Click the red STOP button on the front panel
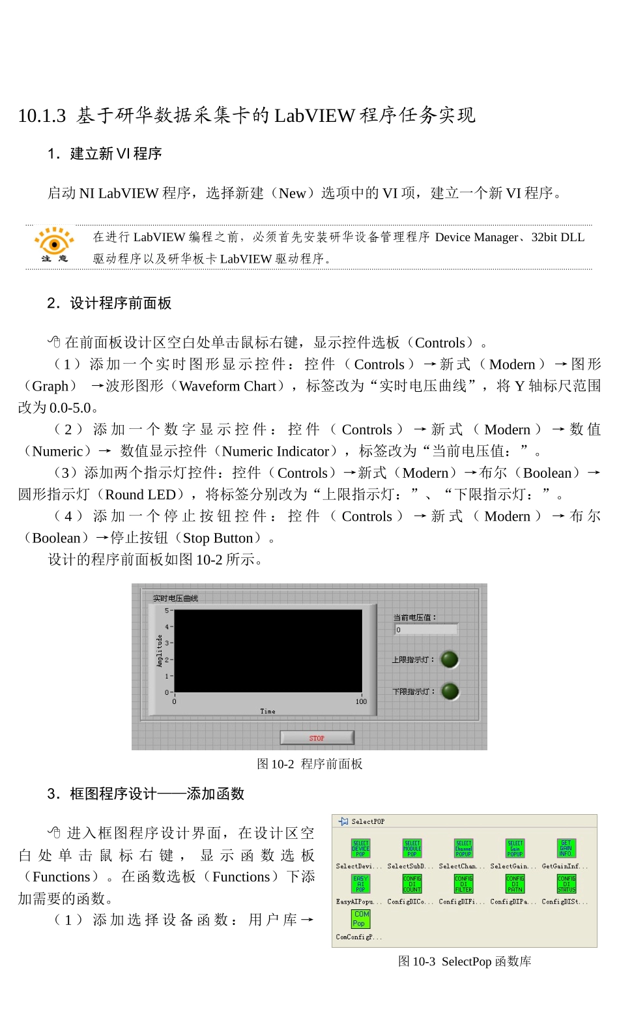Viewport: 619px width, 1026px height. click(x=317, y=737)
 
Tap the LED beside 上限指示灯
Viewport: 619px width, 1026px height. click(x=450, y=660)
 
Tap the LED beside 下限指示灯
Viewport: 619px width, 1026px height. click(x=450, y=691)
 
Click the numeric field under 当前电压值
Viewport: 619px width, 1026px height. click(x=426, y=630)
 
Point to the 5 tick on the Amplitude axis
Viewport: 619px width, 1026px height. click(x=167, y=611)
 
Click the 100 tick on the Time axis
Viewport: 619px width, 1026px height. click(x=361, y=701)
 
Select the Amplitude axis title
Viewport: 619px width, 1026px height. click(x=160, y=651)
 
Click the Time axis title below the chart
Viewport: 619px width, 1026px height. click(x=268, y=711)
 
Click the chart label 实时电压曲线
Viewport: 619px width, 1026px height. click(x=175, y=598)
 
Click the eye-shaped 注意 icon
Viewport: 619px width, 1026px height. click(x=54, y=244)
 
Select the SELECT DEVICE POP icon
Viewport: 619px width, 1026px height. click(x=360, y=848)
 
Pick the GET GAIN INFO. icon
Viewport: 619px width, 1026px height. click(x=566, y=848)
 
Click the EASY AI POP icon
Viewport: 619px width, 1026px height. click(x=360, y=883)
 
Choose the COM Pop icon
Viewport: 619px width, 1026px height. click(x=360, y=918)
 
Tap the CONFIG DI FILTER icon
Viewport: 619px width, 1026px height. click(x=463, y=883)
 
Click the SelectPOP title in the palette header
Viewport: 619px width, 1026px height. click(x=368, y=821)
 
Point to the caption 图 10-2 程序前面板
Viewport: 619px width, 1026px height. click(x=309, y=763)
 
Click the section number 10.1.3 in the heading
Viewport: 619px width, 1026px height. click(x=42, y=116)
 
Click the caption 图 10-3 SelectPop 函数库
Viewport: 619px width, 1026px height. click(x=464, y=961)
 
